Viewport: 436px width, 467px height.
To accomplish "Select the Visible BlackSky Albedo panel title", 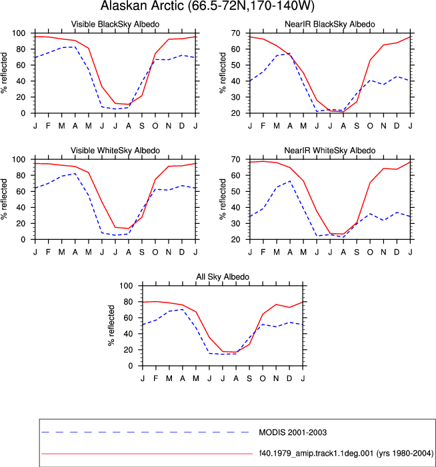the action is pos(115,24).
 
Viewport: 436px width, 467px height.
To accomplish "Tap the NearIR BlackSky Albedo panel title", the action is pos(329,24).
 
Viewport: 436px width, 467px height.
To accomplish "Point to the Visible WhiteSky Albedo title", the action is pos(115,151).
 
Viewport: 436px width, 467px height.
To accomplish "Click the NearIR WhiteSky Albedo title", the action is pos(329,151).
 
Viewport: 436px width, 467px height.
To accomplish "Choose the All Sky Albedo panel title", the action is pos(223,276).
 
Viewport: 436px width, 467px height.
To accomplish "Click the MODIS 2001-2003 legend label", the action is pos(293,432).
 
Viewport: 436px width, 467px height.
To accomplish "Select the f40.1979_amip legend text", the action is pos(346,453).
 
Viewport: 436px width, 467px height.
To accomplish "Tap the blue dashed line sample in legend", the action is pos(145,432).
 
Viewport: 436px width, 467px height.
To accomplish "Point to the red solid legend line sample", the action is pos(147,454).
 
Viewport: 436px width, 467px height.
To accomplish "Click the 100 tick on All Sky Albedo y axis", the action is pos(126,286).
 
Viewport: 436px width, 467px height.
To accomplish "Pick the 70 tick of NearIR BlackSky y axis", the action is pos(236,33).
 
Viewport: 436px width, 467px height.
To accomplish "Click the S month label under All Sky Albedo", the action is pos(249,378).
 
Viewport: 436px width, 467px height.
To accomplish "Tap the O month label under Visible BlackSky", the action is pos(155,126).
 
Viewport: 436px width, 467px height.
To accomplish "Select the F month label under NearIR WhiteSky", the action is pos(263,252).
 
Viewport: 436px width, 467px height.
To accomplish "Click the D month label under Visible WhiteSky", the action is pos(182,252).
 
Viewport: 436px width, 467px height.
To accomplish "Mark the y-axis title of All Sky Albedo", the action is pos(111,326).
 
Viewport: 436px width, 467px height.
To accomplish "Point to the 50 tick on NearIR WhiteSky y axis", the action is pos(236,191).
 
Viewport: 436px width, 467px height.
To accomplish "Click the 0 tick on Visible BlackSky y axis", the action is pos(23,113).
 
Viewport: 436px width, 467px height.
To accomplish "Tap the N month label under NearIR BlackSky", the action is pos(383,126).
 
